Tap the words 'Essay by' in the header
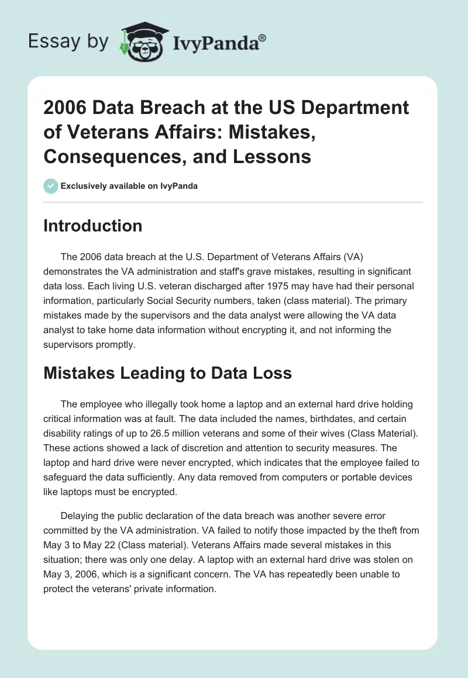[x=68, y=41]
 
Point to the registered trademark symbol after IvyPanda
[x=262, y=37]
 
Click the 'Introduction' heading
[x=92, y=226]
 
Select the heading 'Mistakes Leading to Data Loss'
[x=167, y=373]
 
